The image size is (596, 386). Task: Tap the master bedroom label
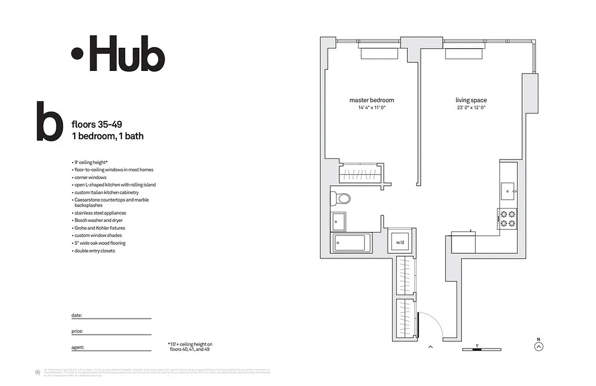click(371, 100)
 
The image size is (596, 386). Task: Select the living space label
click(471, 100)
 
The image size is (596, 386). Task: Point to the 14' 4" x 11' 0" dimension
click(371, 108)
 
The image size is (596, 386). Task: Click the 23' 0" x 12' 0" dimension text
click(471, 108)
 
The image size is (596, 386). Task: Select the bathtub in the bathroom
click(351, 243)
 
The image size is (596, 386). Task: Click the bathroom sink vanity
click(339, 221)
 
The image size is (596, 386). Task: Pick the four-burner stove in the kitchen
click(507, 219)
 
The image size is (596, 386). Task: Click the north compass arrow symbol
click(539, 346)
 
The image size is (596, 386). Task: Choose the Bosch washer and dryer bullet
click(98, 221)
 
